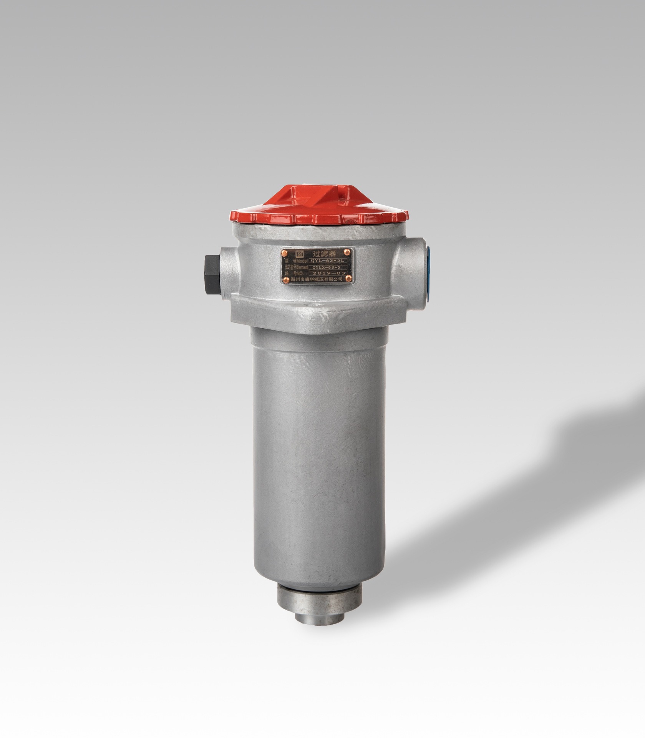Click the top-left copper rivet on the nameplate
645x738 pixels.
click(285, 252)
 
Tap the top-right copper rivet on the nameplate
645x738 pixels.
click(347, 252)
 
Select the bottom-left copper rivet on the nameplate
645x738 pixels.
click(285, 279)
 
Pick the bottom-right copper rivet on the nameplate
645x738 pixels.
click(348, 279)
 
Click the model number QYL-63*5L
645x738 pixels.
click(328, 260)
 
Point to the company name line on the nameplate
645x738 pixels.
click(317, 280)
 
